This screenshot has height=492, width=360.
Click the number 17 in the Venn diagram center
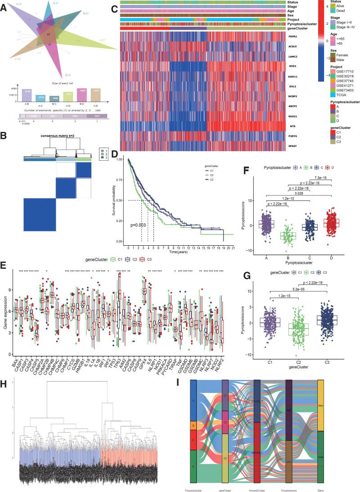(48, 34)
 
